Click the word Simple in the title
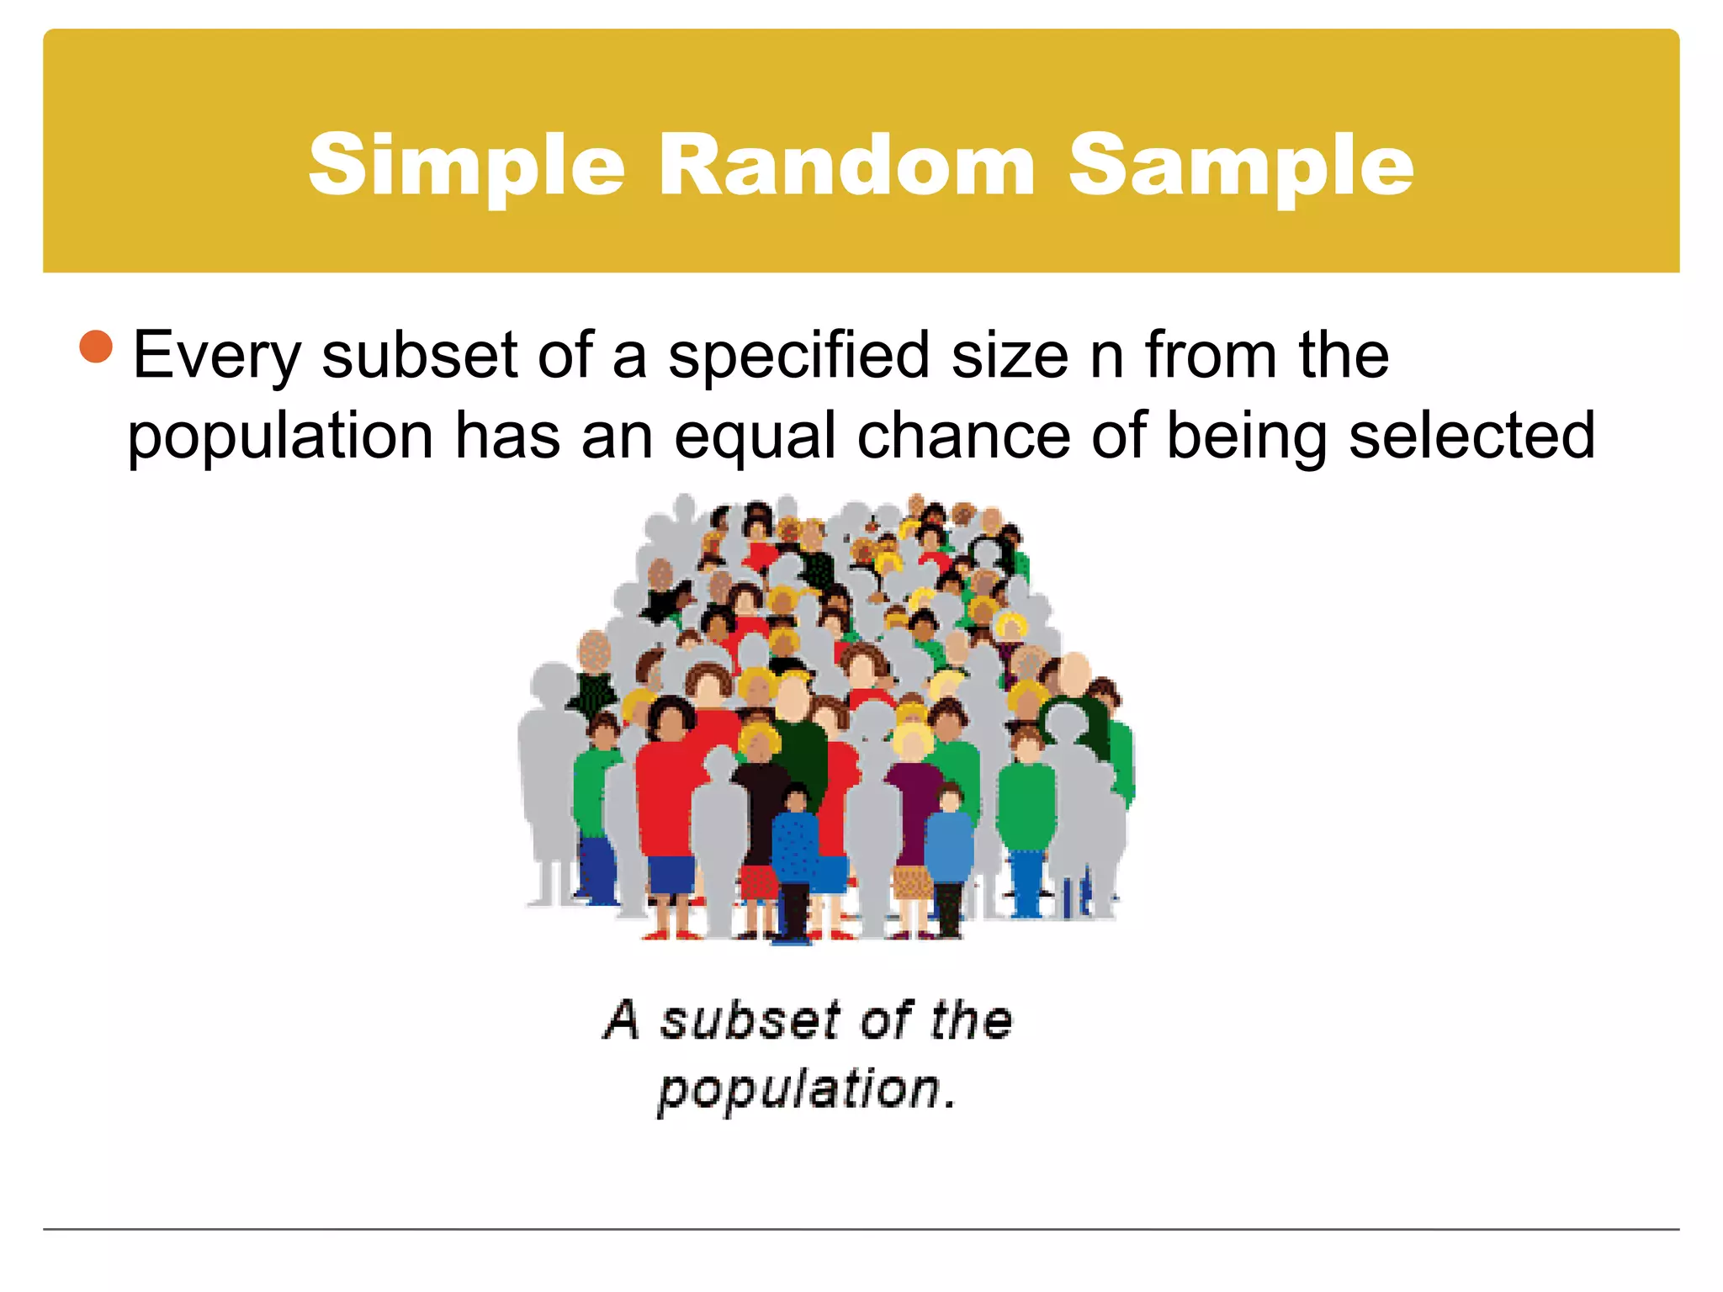point(466,167)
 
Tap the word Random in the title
point(846,165)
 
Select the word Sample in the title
point(1241,167)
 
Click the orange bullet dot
point(96,347)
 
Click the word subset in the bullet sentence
point(418,355)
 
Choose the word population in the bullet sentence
point(280,437)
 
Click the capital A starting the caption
point(623,1019)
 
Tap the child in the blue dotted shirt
point(795,850)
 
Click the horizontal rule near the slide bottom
point(861,1229)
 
